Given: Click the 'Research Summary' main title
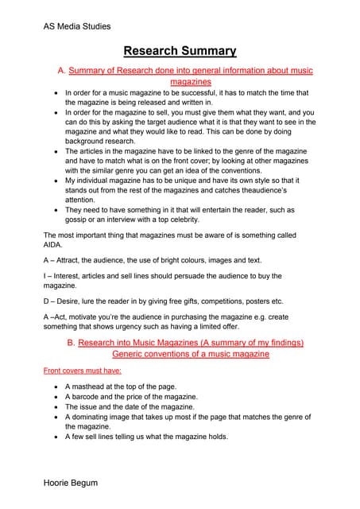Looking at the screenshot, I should (x=180, y=52).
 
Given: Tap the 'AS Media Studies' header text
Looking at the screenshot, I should (x=77, y=26).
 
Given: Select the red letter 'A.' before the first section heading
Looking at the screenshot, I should (x=62, y=71).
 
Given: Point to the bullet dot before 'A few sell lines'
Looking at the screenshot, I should (x=55, y=437).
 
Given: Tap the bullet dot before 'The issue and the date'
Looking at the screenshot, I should (x=55, y=406).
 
